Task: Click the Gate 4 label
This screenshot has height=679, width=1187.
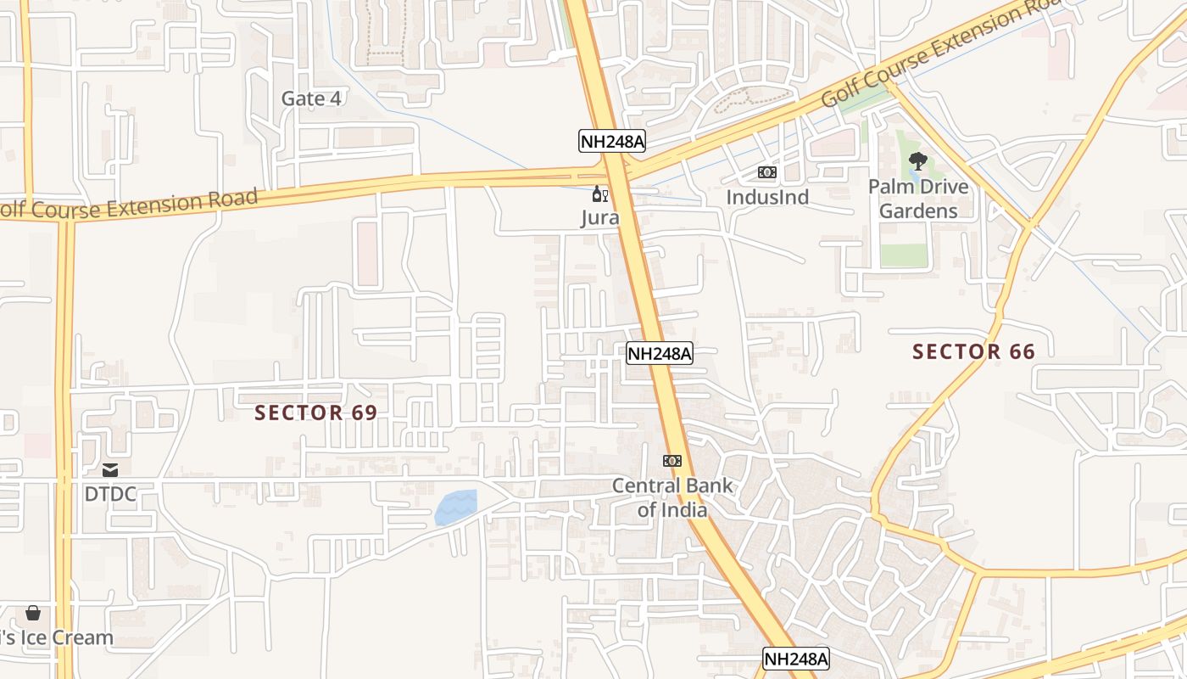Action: pyautogui.click(x=311, y=98)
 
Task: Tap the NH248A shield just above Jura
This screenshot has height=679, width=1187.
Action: pyautogui.click(x=612, y=141)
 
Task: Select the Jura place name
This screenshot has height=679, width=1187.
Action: pyautogui.click(x=599, y=218)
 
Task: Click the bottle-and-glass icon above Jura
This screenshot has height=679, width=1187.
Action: pyautogui.click(x=599, y=194)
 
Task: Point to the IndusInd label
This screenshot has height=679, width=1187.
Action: pyautogui.click(x=767, y=198)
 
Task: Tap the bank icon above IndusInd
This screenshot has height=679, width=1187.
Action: pyautogui.click(x=767, y=172)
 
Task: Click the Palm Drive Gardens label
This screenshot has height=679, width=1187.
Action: pyautogui.click(x=918, y=199)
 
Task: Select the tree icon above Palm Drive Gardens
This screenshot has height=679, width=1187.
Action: pyautogui.click(x=917, y=160)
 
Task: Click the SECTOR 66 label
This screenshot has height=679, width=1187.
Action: pyautogui.click(x=973, y=351)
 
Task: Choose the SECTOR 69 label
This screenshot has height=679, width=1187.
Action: pyautogui.click(x=315, y=412)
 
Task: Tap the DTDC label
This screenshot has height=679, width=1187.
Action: pyautogui.click(x=110, y=494)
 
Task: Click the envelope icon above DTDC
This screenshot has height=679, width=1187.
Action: pyautogui.click(x=110, y=469)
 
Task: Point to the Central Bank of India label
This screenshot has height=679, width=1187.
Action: pyautogui.click(x=672, y=498)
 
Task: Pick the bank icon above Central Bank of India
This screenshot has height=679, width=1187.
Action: pyautogui.click(x=672, y=461)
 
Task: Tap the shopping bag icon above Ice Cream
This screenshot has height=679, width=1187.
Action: pyautogui.click(x=33, y=612)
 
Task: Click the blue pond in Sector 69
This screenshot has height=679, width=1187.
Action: pyautogui.click(x=455, y=508)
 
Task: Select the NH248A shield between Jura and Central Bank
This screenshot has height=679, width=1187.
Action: pyautogui.click(x=660, y=353)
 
